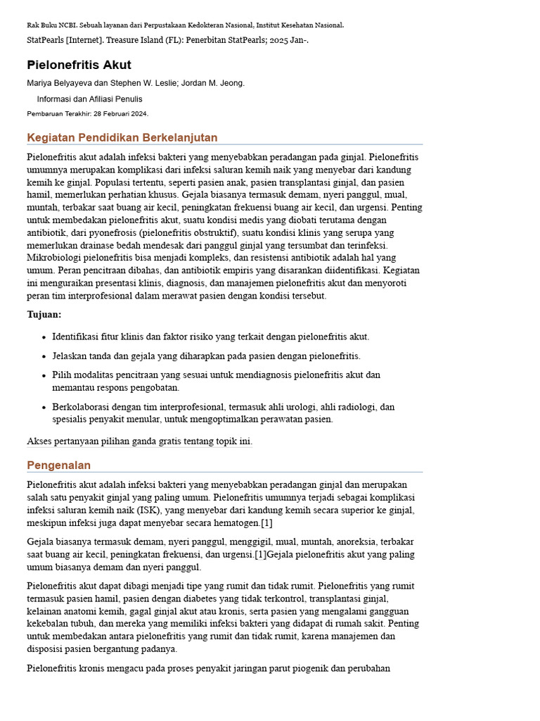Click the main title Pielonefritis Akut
(79, 65)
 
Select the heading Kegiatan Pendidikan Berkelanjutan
(122, 137)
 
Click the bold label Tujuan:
(44, 315)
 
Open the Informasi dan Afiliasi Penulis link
(89, 99)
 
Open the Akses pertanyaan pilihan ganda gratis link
(139, 441)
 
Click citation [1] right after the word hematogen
(266, 523)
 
